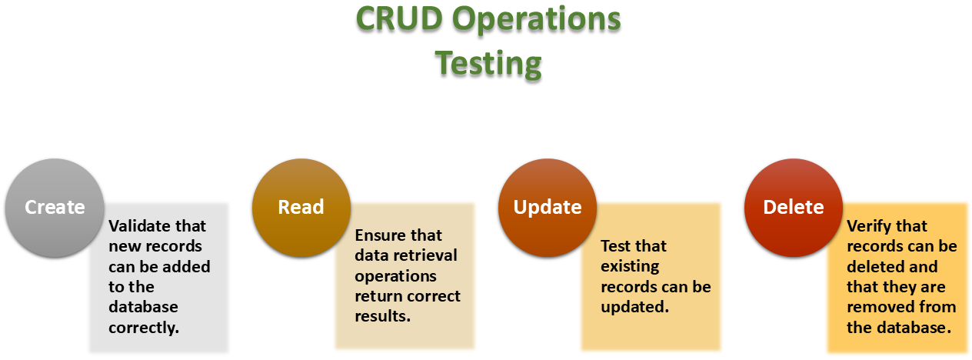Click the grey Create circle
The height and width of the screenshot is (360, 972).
click(55, 208)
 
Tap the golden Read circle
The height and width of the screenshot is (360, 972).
click(301, 208)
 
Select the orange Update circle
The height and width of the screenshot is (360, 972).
click(548, 208)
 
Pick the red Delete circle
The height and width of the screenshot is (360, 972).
click(794, 208)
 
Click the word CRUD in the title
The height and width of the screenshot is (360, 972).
click(399, 19)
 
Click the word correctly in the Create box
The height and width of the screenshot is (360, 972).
click(144, 328)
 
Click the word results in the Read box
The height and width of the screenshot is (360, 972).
click(382, 316)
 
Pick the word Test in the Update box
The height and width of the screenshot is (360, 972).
click(617, 246)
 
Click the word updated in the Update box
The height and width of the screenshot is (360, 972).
click(635, 308)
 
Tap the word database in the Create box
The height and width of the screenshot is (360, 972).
click(143, 307)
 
